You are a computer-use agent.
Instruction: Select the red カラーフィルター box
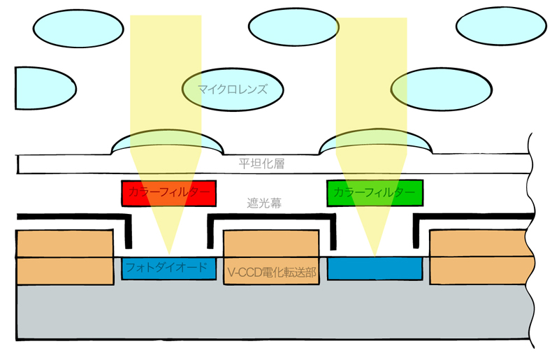(x=168, y=193)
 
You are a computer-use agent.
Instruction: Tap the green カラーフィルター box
(x=375, y=193)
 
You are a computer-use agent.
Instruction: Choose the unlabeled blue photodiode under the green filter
(x=375, y=268)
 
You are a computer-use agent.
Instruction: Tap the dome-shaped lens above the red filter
(x=168, y=143)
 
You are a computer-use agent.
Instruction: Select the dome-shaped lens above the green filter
(x=375, y=143)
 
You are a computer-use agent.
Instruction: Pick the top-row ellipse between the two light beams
(x=293, y=27)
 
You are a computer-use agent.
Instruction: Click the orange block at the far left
(x=64, y=257)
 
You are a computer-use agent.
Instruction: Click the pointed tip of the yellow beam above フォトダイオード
(x=168, y=252)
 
